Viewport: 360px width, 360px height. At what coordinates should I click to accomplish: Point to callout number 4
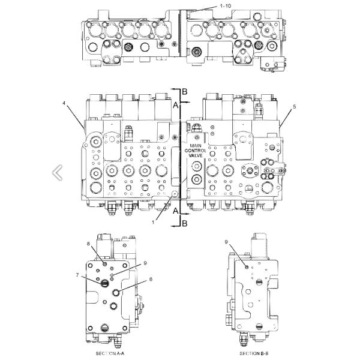[64, 103]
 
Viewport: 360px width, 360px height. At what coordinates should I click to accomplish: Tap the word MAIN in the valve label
[196, 145]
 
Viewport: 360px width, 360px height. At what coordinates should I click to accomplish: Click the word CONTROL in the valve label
[196, 150]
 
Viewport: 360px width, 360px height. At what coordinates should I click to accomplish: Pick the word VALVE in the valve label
[196, 155]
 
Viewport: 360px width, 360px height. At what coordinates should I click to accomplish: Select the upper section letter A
[176, 104]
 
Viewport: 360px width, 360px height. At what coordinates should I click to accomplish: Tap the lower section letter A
[176, 211]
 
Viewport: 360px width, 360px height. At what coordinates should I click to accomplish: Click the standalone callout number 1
[153, 221]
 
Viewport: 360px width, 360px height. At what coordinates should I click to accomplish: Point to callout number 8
[88, 244]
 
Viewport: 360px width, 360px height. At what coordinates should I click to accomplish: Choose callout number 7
[77, 275]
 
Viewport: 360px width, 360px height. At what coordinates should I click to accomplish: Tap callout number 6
[151, 279]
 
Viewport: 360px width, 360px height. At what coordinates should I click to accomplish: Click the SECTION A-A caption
[110, 353]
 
